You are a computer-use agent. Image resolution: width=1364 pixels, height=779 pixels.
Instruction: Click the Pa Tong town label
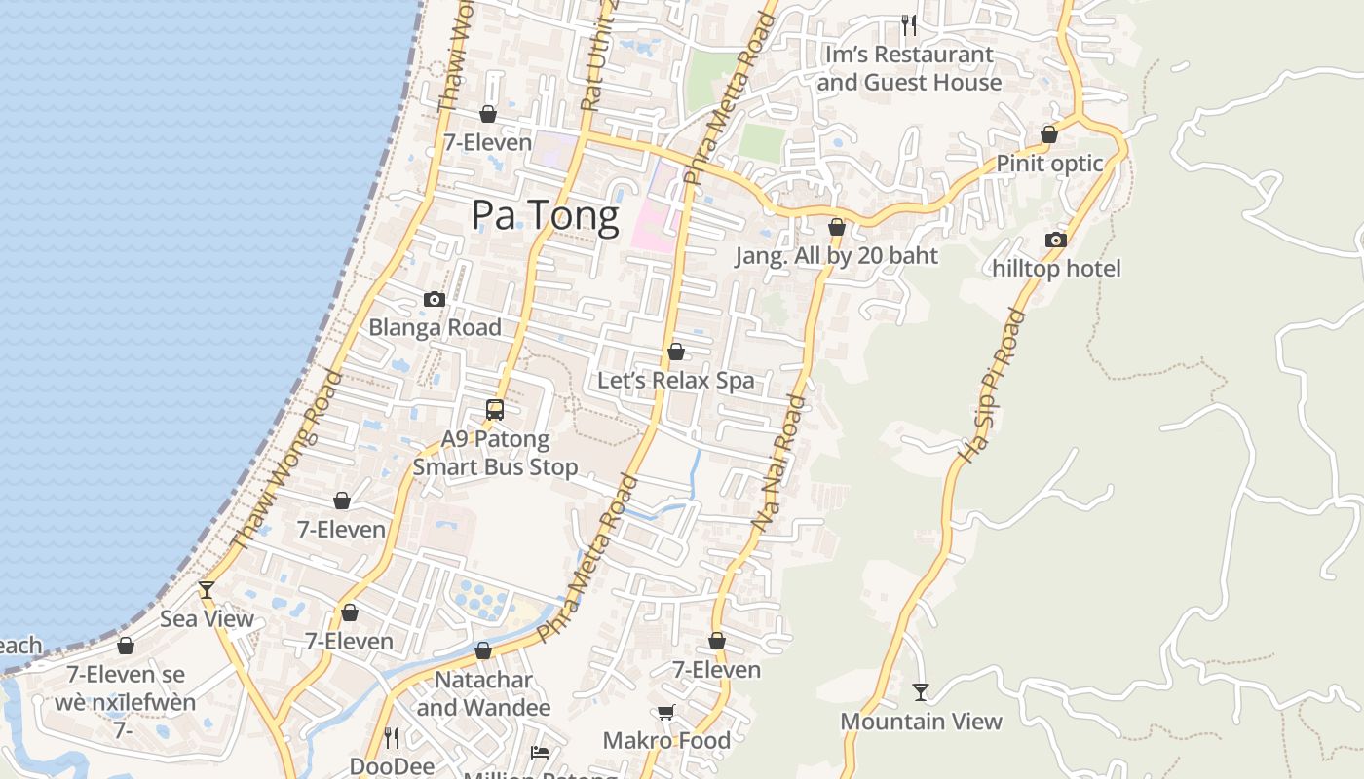tap(545, 215)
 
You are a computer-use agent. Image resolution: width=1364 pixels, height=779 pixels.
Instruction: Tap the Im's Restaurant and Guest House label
tap(909, 68)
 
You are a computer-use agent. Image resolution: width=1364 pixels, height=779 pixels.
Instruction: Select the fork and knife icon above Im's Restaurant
tap(908, 24)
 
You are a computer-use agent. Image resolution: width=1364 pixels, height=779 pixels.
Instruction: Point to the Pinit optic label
tap(1049, 164)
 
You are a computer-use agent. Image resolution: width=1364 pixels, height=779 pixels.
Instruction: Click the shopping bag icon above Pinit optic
tap(1049, 134)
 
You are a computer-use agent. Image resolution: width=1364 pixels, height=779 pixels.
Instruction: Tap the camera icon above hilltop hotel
tap(1055, 240)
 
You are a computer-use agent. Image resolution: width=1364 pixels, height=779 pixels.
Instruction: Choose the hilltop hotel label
tap(1056, 269)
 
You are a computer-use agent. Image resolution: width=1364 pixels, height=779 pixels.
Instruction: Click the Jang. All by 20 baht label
tap(836, 256)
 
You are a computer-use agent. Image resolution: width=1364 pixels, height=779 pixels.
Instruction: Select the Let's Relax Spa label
tap(675, 380)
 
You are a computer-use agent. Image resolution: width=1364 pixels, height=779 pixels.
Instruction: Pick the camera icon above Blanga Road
tap(435, 299)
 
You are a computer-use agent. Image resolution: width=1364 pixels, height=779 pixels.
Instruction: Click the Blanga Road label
tap(435, 328)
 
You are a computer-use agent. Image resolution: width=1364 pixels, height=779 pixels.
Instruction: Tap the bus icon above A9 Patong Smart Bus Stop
tap(495, 410)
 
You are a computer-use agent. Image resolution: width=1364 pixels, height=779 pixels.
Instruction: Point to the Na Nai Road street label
tap(778, 463)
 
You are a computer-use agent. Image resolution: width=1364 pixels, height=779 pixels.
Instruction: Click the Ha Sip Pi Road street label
tap(992, 387)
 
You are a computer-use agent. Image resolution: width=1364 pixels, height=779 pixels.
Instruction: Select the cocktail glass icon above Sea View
tap(207, 589)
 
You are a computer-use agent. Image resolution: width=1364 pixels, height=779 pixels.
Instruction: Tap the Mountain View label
tap(921, 722)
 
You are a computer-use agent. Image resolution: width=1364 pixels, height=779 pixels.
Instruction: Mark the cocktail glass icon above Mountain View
tap(921, 692)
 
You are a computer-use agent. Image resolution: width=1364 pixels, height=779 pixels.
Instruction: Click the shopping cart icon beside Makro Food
tap(666, 712)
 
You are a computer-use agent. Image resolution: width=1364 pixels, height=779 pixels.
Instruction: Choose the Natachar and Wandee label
tap(483, 693)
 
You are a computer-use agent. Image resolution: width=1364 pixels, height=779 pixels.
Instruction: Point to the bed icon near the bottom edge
tap(540, 752)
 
